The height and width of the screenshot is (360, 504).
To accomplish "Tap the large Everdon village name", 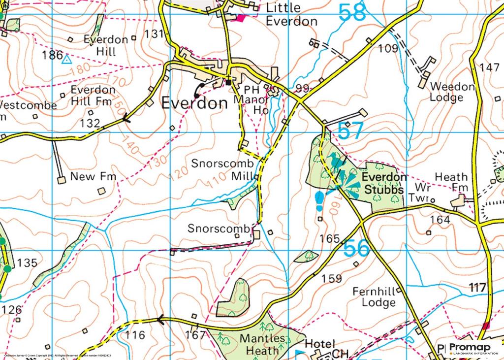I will pos(195,103).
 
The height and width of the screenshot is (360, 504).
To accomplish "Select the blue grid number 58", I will pos(352,13).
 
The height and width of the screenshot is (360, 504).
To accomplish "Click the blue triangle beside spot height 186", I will pos(66,60).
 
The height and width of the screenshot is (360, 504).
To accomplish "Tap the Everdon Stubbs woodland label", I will pos(384,183).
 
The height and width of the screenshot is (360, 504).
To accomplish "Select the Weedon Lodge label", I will pos(452,92).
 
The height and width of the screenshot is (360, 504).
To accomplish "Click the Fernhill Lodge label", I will pos(374,296).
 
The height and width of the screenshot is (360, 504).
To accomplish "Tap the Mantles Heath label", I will pos(262,344).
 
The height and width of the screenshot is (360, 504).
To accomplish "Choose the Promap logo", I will pos(470,348).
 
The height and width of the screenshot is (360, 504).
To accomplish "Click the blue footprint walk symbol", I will pos(319,200).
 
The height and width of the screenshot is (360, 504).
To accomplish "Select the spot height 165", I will pos(330,239).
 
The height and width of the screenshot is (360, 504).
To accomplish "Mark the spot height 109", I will pos(388,48).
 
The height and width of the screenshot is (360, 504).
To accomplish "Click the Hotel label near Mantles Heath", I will pos(320,344).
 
